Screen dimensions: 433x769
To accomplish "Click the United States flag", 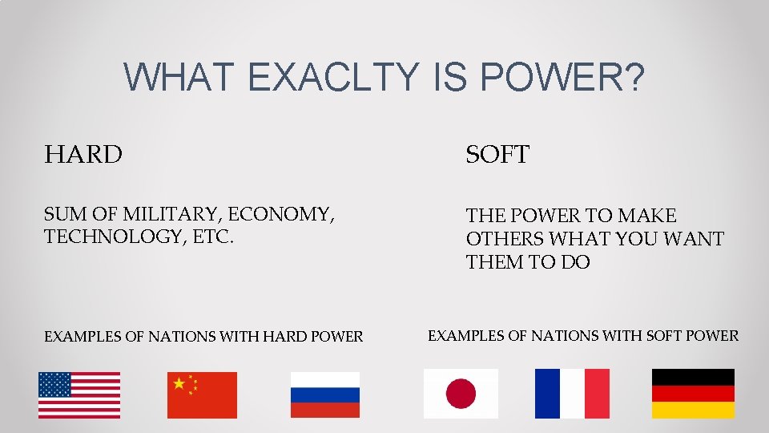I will pyautogui.click(x=79, y=395).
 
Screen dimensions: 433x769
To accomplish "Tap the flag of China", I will pyautogui.click(x=202, y=395).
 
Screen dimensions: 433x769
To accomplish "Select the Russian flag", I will pyautogui.click(x=324, y=395).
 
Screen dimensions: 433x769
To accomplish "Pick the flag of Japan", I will pyautogui.click(x=461, y=394).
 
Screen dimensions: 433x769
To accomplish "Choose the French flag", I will pyautogui.click(x=572, y=394).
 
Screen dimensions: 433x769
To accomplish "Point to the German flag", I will pyautogui.click(x=693, y=394).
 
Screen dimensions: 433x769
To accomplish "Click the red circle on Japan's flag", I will pyautogui.click(x=461, y=394).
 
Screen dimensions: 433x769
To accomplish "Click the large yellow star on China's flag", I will pyautogui.click(x=179, y=383).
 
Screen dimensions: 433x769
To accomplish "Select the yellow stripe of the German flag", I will pyautogui.click(x=693, y=410).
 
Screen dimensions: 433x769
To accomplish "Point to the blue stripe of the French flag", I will pyautogui.click(x=547, y=394).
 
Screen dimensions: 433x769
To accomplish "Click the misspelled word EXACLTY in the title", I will pyautogui.click(x=333, y=78).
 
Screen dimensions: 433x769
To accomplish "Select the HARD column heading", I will pyautogui.click(x=83, y=154).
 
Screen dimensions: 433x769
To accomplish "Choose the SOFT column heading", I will pyautogui.click(x=497, y=155).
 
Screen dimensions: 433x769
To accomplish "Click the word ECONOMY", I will pyautogui.click(x=281, y=214).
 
